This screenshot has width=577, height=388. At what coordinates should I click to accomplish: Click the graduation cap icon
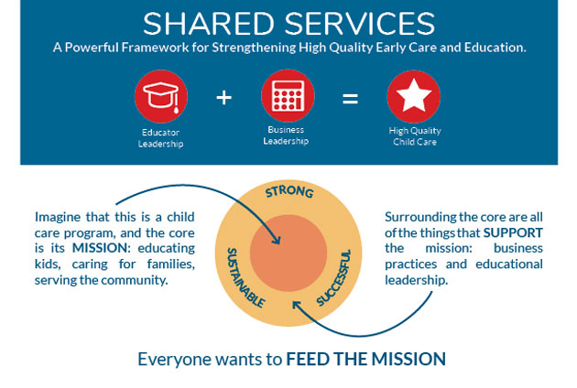[161, 96]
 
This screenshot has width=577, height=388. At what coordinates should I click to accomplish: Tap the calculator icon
[288, 96]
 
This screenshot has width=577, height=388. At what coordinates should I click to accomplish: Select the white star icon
[414, 95]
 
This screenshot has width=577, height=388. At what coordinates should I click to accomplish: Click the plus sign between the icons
[223, 98]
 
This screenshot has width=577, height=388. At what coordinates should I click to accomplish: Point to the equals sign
[350, 99]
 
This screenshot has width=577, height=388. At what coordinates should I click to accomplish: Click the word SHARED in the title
[209, 24]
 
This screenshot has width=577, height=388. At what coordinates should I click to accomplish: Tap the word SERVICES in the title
[360, 24]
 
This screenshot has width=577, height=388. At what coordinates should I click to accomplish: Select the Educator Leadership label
[161, 138]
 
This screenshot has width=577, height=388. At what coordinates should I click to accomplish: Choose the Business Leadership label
[286, 135]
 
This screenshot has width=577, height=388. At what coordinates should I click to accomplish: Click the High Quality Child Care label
[415, 136]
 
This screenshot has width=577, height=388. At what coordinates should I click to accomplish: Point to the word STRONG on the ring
[289, 191]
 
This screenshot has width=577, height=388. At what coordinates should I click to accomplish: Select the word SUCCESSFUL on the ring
[334, 277]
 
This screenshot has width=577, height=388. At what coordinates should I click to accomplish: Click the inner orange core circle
[288, 253]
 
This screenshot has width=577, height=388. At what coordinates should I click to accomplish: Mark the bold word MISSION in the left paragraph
[101, 248]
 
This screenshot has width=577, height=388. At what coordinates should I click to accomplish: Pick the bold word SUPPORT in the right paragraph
[513, 232]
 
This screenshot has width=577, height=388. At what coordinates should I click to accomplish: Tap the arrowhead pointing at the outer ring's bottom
[296, 305]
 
